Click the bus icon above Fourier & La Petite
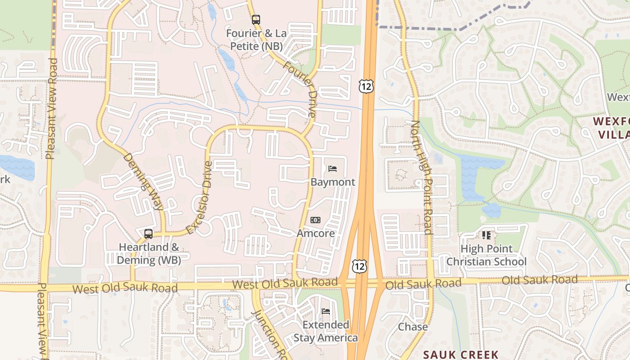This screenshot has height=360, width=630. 256,20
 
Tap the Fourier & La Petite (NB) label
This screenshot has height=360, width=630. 256,40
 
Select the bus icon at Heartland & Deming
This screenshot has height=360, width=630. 148,234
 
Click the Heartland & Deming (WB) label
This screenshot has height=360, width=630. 149,253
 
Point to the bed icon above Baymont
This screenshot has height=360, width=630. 333,169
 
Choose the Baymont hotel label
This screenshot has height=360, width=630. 333,182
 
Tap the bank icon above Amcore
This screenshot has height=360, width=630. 315,220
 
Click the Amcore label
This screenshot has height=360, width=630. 315,233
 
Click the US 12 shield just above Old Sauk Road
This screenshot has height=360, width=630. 359,266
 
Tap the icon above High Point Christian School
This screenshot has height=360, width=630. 486,235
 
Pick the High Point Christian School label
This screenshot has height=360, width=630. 486,255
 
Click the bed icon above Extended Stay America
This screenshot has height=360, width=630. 326,311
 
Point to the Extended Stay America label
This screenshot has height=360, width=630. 326,331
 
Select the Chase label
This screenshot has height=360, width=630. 413,327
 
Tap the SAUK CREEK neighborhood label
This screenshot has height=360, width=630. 461,355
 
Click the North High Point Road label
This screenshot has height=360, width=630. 422,177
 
